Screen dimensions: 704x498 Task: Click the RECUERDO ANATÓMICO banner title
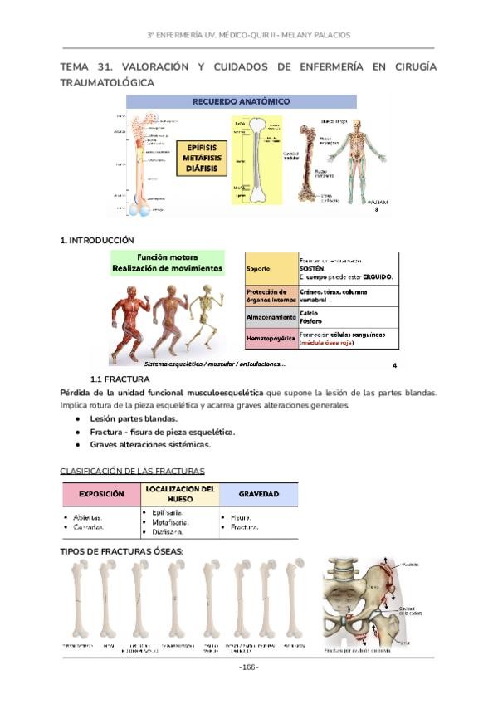[x=241, y=102]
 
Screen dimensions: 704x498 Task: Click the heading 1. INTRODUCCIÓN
[x=97, y=241]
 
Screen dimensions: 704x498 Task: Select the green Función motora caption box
[x=167, y=263]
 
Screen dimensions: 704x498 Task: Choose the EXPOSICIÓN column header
[x=101, y=493]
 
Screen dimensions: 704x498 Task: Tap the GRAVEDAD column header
[x=258, y=493]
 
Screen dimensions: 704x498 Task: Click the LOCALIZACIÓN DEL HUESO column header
[x=180, y=494]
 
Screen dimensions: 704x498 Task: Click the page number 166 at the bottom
[x=248, y=668]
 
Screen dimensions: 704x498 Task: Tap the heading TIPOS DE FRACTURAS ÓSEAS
[x=122, y=551]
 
